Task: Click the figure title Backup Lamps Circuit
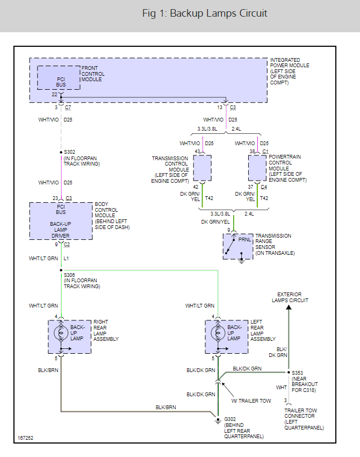[x=205, y=13]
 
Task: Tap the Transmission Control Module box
[x=202, y=168]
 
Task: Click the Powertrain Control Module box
[x=257, y=168]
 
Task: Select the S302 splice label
[x=70, y=153]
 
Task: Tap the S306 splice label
[x=70, y=275]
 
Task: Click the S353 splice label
[x=298, y=373]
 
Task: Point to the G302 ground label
[x=230, y=419]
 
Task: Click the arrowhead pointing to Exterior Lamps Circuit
[x=289, y=308]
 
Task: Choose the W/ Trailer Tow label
[x=250, y=401]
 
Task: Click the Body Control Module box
[x=61, y=220]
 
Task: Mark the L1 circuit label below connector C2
[x=67, y=259]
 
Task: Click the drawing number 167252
[x=25, y=438]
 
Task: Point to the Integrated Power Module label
[x=290, y=71]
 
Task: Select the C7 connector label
[x=68, y=108]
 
